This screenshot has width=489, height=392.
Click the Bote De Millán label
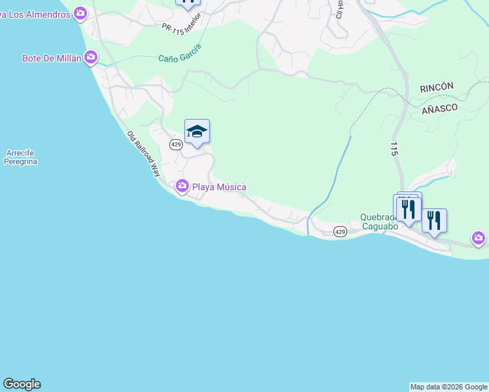point(52,58)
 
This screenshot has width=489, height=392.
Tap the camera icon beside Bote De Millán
point(90,58)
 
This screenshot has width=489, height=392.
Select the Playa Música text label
point(219,187)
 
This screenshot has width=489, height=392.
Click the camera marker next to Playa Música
point(182,187)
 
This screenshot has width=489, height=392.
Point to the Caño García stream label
point(179,54)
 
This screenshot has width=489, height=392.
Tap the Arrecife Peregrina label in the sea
point(20,157)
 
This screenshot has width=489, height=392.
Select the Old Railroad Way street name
point(143,154)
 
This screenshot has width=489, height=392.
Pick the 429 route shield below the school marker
point(175,144)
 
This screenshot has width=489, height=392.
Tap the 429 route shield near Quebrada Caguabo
point(340,231)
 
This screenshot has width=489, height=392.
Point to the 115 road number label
point(394,148)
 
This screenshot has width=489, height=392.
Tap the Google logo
point(22,384)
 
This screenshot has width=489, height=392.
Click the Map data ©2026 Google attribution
point(448,387)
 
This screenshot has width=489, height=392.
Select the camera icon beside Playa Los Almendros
point(80,12)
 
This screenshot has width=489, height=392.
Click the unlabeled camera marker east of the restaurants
point(479,238)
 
